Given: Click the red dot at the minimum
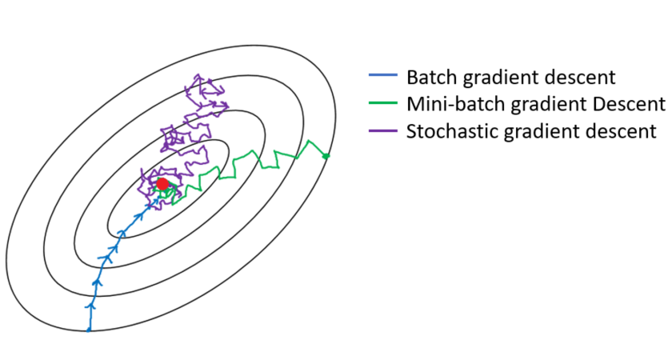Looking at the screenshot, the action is click(x=162, y=184).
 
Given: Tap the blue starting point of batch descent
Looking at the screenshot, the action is click(x=89, y=329).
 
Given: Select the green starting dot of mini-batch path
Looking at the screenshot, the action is click(x=326, y=155).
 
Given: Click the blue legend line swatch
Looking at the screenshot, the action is click(x=382, y=78).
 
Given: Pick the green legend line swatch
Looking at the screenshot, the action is click(x=382, y=104).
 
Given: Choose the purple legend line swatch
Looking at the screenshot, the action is click(x=382, y=130).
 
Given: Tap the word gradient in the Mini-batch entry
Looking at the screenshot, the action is click(x=544, y=105).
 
